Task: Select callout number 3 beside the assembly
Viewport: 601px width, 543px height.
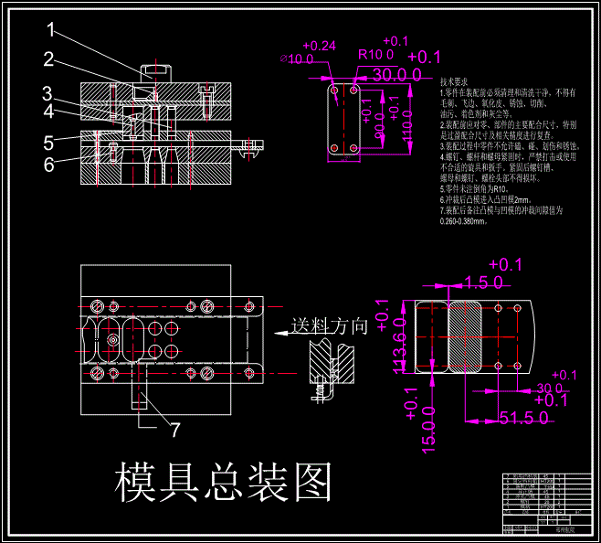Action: tap(47, 93)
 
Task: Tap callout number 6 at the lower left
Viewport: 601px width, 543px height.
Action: tap(47, 165)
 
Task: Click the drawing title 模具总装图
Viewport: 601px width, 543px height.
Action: tap(222, 481)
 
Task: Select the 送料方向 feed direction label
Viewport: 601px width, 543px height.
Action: tap(329, 325)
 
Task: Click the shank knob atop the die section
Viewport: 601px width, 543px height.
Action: tap(155, 69)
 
